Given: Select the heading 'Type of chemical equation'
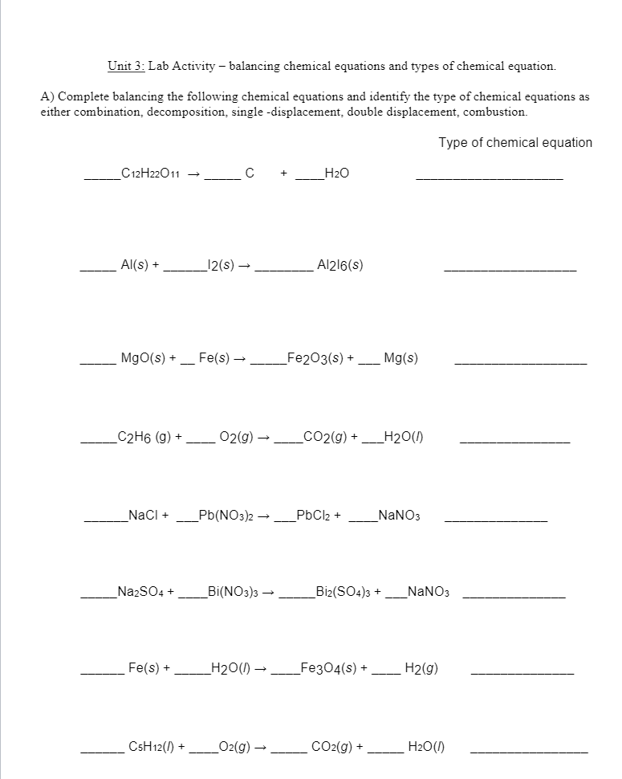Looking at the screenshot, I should [x=515, y=142].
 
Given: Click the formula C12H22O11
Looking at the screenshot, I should [x=150, y=173].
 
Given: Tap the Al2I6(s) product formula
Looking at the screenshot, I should [x=340, y=265].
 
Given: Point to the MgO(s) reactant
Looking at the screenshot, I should [x=142, y=357].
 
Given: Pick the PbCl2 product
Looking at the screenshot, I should [x=313, y=515].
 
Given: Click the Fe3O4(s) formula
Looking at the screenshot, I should [x=327, y=667].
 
